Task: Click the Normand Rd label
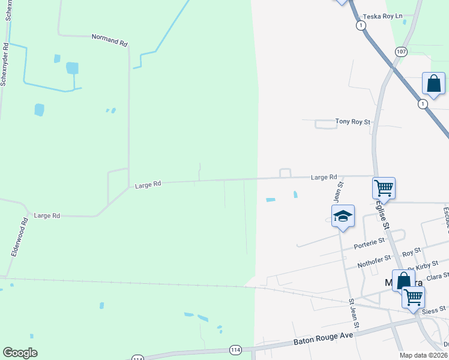click(x=110, y=40)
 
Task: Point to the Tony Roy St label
click(x=354, y=121)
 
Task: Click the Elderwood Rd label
click(x=20, y=238)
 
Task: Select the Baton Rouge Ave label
click(x=323, y=339)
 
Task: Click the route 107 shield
click(x=401, y=52)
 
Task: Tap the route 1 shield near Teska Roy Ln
click(x=360, y=25)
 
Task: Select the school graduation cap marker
click(x=343, y=217)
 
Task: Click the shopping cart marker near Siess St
click(x=413, y=297)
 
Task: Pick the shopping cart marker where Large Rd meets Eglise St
click(x=384, y=187)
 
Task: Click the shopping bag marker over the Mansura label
click(x=403, y=280)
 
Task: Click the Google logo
click(x=20, y=353)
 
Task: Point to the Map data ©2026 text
click(x=423, y=355)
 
